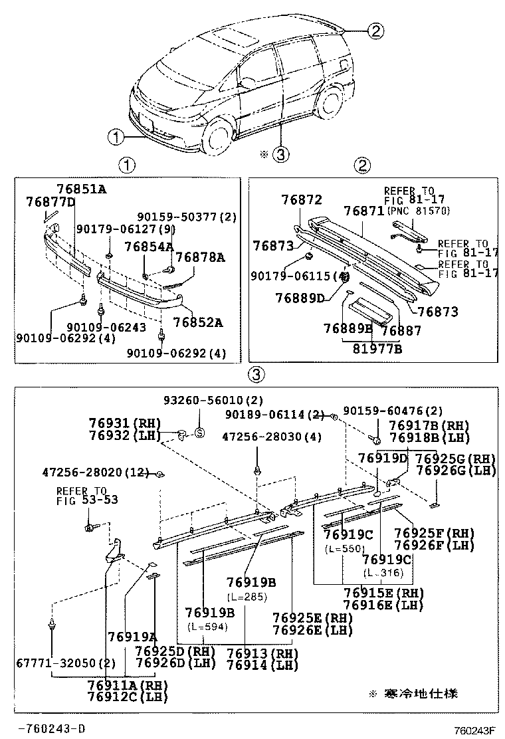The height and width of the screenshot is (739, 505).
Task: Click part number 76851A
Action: [81, 189]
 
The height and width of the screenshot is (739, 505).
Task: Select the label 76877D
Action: [50, 201]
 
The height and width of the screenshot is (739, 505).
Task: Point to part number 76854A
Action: [148, 247]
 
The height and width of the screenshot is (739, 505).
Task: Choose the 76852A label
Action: [197, 323]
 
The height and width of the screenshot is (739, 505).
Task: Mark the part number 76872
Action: [301, 199]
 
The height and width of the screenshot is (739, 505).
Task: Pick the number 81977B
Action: [377, 348]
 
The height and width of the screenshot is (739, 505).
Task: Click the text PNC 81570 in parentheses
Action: [417, 211]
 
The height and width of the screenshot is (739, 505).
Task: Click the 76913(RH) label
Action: [261, 653]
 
